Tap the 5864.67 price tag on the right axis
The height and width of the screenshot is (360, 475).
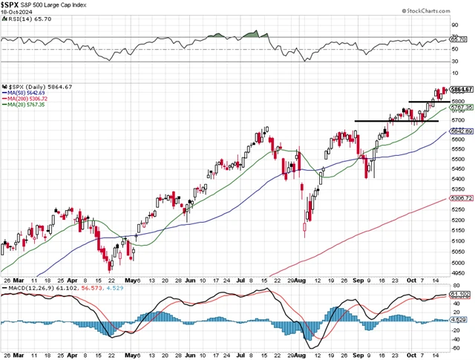(x=462, y=89)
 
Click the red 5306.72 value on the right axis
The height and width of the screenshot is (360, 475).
(x=462, y=199)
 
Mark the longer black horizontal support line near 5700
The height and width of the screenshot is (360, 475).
(x=385, y=121)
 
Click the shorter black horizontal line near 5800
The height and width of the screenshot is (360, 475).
(x=425, y=101)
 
